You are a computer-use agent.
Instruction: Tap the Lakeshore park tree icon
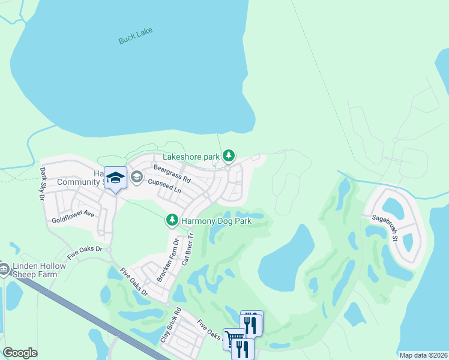(x=228, y=156)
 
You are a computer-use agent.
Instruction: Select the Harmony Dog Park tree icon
(x=172, y=221)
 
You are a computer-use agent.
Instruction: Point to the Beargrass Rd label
(x=172, y=173)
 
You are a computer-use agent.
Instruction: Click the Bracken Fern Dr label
(x=168, y=261)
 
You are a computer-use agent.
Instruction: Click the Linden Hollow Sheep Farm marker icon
(x=4, y=268)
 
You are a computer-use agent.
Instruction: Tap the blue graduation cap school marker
(x=115, y=177)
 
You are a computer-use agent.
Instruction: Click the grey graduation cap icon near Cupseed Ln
(x=136, y=176)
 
